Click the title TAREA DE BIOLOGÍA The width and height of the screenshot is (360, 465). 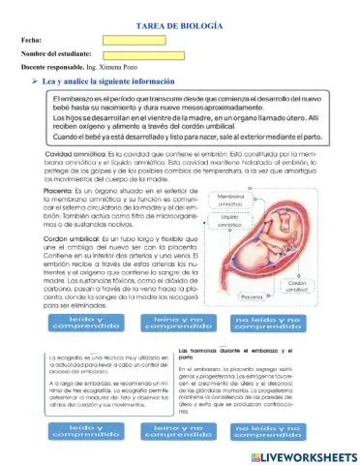click(181, 22)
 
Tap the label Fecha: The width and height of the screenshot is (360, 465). click(30, 40)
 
